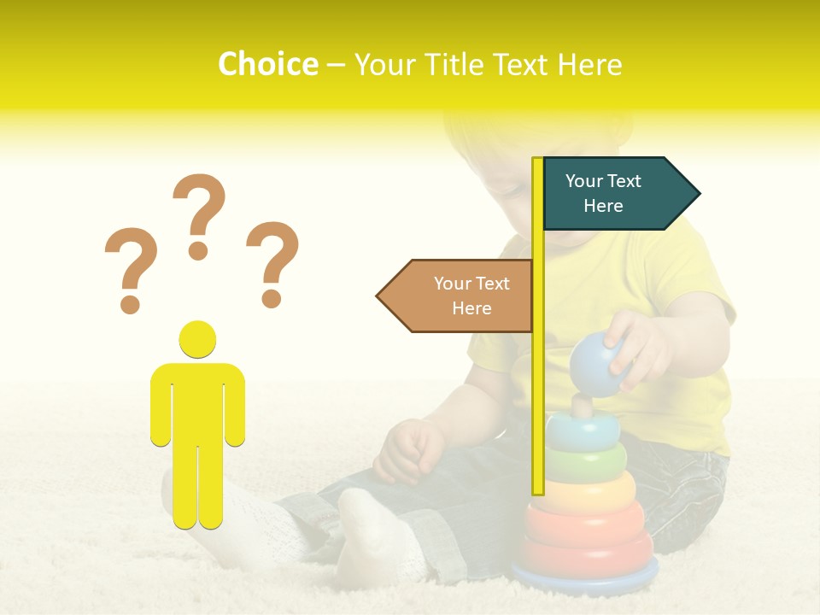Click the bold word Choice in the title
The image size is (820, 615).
tap(267, 65)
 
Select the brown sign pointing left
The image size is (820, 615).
tap(457, 296)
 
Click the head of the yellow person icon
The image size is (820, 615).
tap(197, 338)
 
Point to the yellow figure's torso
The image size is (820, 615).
tap(197, 401)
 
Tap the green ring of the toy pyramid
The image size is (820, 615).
tap(586, 462)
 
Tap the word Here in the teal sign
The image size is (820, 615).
tap(603, 206)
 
